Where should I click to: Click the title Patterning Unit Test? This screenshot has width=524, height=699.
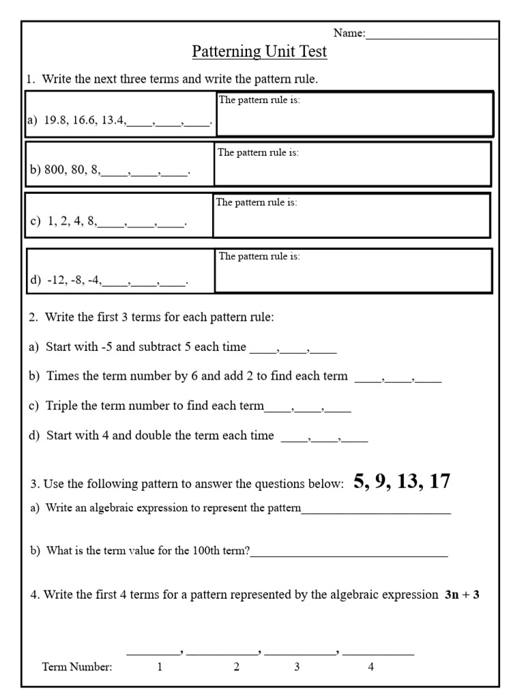(x=259, y=52)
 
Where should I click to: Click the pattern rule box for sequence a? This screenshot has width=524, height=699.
(x=354, y=115)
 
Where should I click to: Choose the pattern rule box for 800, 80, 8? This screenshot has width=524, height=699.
(x=353, y=164)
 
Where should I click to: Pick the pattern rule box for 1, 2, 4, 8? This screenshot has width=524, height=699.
(x=351, y=215)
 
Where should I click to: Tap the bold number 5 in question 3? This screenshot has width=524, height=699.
(x=360, y=481)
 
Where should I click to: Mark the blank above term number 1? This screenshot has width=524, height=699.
(x=153, y=652)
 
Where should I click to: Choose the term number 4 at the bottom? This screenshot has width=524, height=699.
(x=371, y=668)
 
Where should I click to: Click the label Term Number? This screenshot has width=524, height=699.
(x=77, y=668)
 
